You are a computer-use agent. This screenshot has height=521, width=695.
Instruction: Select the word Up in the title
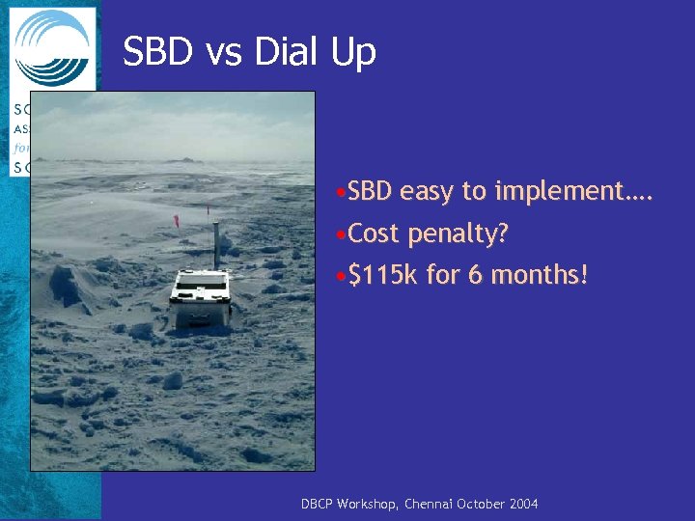pyautogui.click(x=353, y=53)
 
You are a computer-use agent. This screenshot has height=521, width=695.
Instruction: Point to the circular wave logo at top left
pyautogui.click(x=53, y=48)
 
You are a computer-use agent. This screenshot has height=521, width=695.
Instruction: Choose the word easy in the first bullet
pyautogui.click(x=429, y=193)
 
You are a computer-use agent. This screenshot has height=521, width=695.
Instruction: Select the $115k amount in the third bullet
pyautogui.click(x=383, y=276)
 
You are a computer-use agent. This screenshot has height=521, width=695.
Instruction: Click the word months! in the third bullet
pyautogui.click(x=540, y=276)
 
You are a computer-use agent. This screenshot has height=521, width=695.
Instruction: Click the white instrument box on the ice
pyautogui.click(x=201, y=295)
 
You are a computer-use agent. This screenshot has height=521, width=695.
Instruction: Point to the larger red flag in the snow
pyautogui.click(x=176, y=221)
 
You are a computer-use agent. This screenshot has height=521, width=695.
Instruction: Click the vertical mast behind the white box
pyautogui.click(x=215, y=241)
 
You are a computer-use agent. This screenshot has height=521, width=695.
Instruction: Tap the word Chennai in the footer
pyautogui.click(x=433, y=505)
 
